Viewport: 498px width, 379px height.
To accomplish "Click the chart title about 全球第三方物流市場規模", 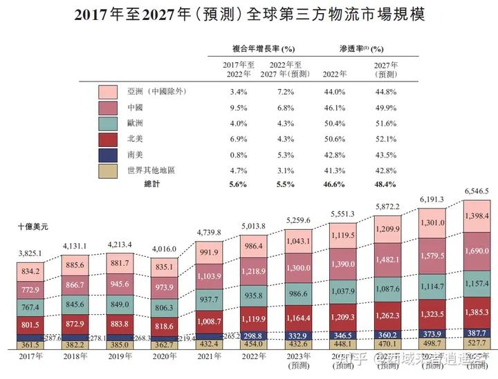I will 248,14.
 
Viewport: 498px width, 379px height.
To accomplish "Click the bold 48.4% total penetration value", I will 385,184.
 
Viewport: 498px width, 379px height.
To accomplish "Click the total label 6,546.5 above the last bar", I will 475,191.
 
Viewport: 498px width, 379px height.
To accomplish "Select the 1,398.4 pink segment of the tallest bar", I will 476,216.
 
